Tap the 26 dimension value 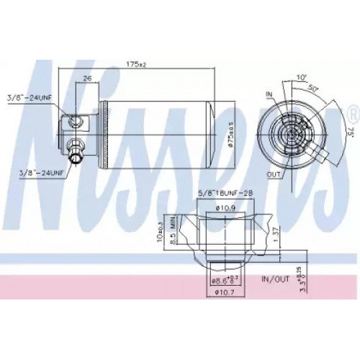87,78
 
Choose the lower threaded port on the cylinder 75,149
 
